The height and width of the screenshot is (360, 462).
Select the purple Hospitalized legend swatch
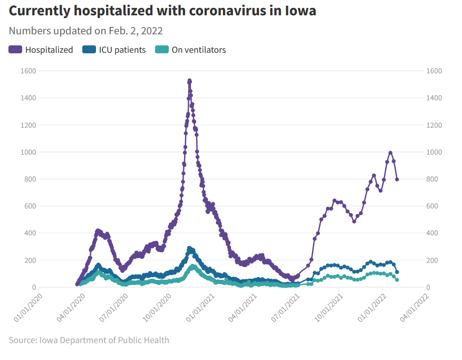(15, 50)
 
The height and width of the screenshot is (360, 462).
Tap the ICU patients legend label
(122, 50)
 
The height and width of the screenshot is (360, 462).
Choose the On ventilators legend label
(198, 50)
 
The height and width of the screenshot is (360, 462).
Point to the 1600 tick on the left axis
(28, 71)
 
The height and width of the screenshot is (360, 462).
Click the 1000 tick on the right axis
(434, 152)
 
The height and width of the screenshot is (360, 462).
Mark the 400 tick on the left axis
(30, 233)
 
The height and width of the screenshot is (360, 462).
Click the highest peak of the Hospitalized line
(189, 81)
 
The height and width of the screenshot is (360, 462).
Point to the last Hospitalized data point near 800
(397, 179)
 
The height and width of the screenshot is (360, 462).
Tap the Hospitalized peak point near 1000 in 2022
(390, 153)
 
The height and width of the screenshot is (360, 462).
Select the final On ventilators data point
(397, 280)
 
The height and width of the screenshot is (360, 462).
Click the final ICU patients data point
(397, 272)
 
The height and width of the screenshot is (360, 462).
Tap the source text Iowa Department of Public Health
(104, 340)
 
